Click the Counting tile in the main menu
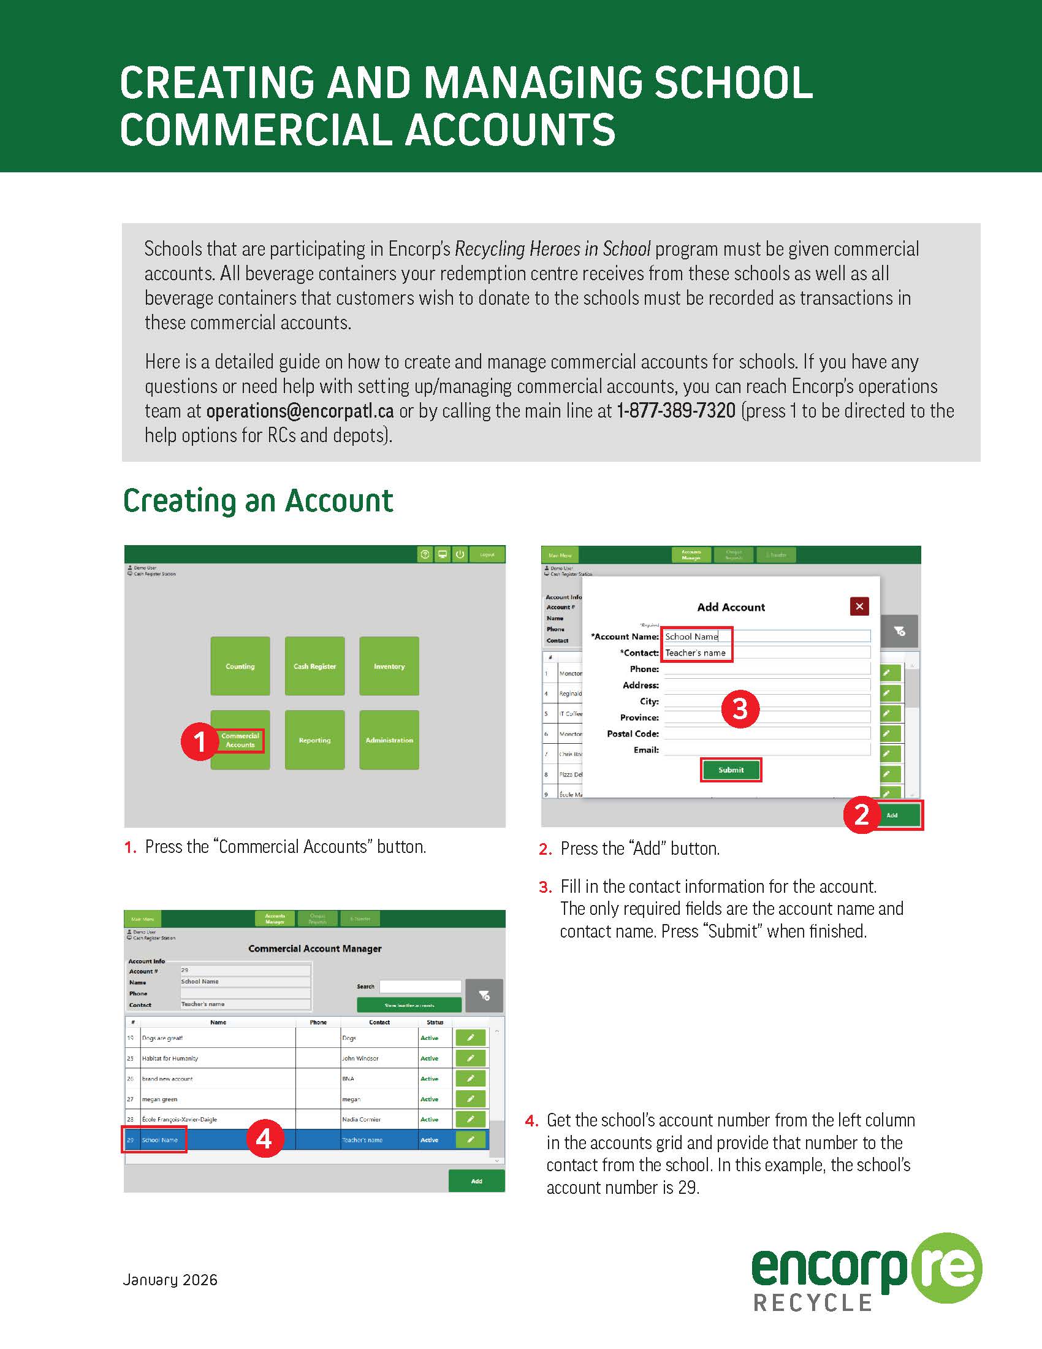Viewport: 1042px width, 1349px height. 240,666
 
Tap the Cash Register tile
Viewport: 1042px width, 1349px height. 315,666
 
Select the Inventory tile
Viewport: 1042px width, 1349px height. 389,666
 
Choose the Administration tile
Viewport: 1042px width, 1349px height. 389,740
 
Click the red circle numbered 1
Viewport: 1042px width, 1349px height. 199,741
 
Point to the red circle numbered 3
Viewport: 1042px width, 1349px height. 740,709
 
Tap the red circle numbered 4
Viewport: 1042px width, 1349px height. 265,1139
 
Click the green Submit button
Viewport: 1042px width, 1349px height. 731,770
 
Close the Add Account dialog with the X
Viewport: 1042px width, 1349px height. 859,606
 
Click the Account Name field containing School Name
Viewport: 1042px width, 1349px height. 766,636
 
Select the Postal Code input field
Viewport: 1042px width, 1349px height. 767,733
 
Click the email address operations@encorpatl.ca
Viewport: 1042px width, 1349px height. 300,411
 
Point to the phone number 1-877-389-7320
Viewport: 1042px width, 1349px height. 676,411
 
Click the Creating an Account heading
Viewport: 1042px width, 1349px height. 258,500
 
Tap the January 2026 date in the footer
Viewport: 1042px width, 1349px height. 170,1279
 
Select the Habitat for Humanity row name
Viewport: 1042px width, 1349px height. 170,1058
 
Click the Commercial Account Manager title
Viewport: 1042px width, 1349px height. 315,948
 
